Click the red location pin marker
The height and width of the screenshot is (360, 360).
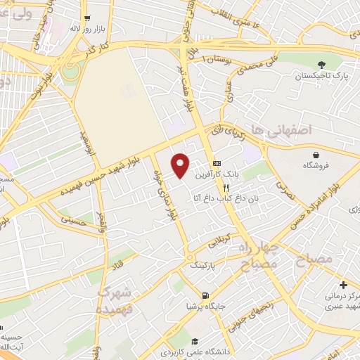tap(181, 165)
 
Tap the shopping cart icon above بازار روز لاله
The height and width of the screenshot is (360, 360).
tap(86, 18)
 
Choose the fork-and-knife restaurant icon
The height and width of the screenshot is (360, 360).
tap(226, 188)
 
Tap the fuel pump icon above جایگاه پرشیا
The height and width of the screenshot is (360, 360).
tap(205, 296)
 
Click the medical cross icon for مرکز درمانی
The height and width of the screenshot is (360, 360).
tap(342, 285)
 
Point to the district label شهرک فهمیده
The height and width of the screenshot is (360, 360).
tap(115, 300)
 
